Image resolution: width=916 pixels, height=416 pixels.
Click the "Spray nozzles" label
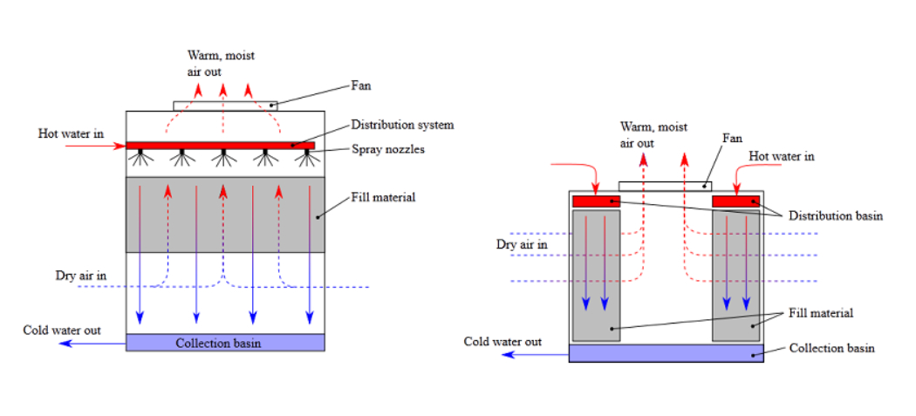pyautogui.click(x=387, y=149)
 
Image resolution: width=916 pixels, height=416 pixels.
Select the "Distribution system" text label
pyautogui.click(x=402, y=125)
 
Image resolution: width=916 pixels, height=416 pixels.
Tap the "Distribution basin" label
pyautogui.click(x=835, y=216)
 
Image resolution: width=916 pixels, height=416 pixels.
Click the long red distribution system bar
pyautogui.click(x=220, y=145)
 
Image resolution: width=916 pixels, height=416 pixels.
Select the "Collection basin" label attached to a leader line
pyautogui.click(x=831, y=348)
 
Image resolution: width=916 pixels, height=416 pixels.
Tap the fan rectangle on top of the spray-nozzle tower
pyautogui.click(x=226, y=106)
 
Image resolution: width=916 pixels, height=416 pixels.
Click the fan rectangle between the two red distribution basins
pyautogui.click(x=665, y=186)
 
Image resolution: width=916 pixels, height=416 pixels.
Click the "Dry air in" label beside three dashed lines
pyautogui.click(x=522, y=244)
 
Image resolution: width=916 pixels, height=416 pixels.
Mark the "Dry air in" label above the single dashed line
pyautogui.click(x=81, y=276)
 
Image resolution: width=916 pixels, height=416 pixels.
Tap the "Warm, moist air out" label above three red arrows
pyautogui.click(x=221, y=63)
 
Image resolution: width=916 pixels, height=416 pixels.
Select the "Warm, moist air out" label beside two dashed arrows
pyautogui.click(x=653, y=135)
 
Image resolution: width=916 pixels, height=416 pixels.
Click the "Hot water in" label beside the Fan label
pyautogui.click(x=782, y=156)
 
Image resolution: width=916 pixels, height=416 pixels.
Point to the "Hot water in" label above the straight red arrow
pyautogui.click(x=71, y=133)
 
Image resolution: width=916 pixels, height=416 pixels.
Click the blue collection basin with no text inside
pyautogui.click(x=666, y=352)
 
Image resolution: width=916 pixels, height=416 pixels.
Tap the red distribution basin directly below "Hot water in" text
pyautogui.click(x=735, y=201)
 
